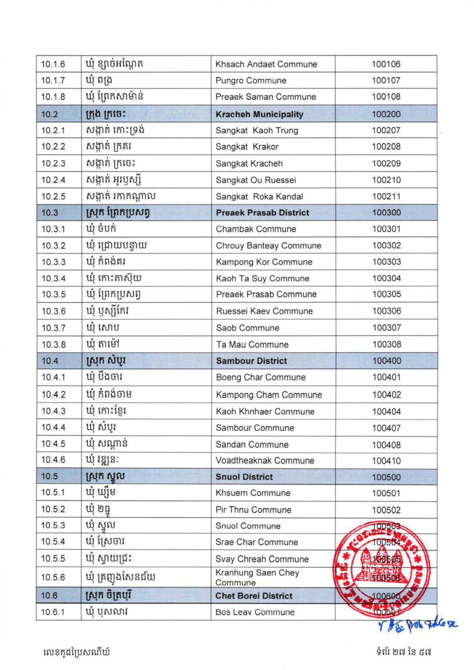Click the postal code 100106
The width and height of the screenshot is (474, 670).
click(x=386, y=64)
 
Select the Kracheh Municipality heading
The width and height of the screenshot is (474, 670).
click(x=259, y=114)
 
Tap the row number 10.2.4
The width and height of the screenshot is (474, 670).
click(x=53, y=180)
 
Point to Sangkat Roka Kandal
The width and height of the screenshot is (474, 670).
click(x=259, y=197)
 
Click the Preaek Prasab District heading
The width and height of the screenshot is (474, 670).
click(x=262, y=213)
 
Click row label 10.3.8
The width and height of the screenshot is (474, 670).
click(x=53, y=345)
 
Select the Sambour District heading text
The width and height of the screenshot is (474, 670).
click(x=251, y=361)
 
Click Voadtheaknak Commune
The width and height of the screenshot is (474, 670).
click(x=265, y=460)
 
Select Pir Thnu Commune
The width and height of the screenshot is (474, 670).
click(x=253, y=510)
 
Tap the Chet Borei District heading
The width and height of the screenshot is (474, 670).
click(x=254, y=596)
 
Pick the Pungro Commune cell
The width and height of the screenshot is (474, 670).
click(x=251, y=81)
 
